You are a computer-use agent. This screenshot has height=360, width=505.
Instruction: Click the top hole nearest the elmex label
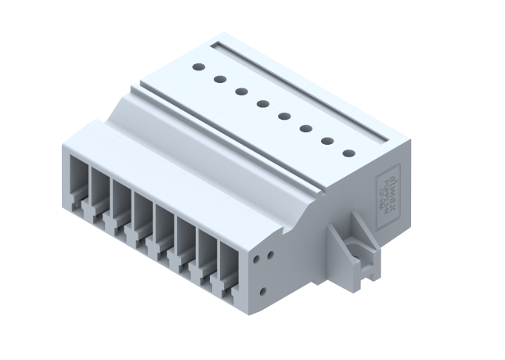[x=349, y=153]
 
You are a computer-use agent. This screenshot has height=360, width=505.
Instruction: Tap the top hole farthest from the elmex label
[x=199, y=68]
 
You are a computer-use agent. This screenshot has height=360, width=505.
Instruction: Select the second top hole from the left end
[x=220, y=80]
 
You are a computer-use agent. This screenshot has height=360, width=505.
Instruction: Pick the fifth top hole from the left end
[x=285, y=117]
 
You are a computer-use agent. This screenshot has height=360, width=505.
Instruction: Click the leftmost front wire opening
[x=78, y=176]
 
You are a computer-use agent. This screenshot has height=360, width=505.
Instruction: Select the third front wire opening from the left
[x=121, y=201]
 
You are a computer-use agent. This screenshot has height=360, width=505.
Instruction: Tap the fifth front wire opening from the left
[x=164, y=227]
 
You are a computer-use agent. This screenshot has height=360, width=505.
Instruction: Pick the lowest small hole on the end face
[x=262, y=291]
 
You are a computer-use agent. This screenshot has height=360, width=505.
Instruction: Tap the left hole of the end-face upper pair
[x=259, y=256]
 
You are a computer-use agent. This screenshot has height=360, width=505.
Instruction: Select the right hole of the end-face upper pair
[x=270, y=252]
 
